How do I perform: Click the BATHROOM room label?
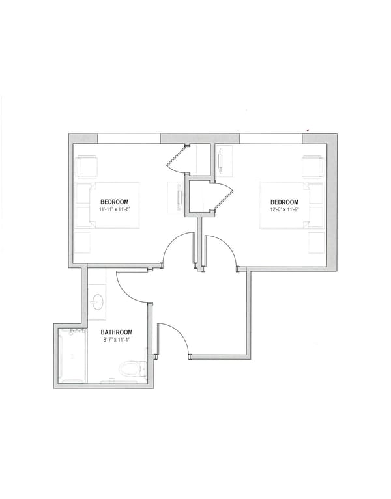[117, 332]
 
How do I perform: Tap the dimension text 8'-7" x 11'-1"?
[117, 339]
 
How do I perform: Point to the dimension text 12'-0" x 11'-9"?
[285, 209]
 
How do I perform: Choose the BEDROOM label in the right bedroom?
[285, 202]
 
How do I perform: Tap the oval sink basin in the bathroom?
[98, 301]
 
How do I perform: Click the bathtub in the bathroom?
[71, 356]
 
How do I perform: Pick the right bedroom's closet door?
[222, 196]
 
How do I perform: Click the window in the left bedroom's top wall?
[128, 138]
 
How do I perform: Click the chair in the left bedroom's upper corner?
[88, 167]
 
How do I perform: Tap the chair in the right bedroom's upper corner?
[313, 166]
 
